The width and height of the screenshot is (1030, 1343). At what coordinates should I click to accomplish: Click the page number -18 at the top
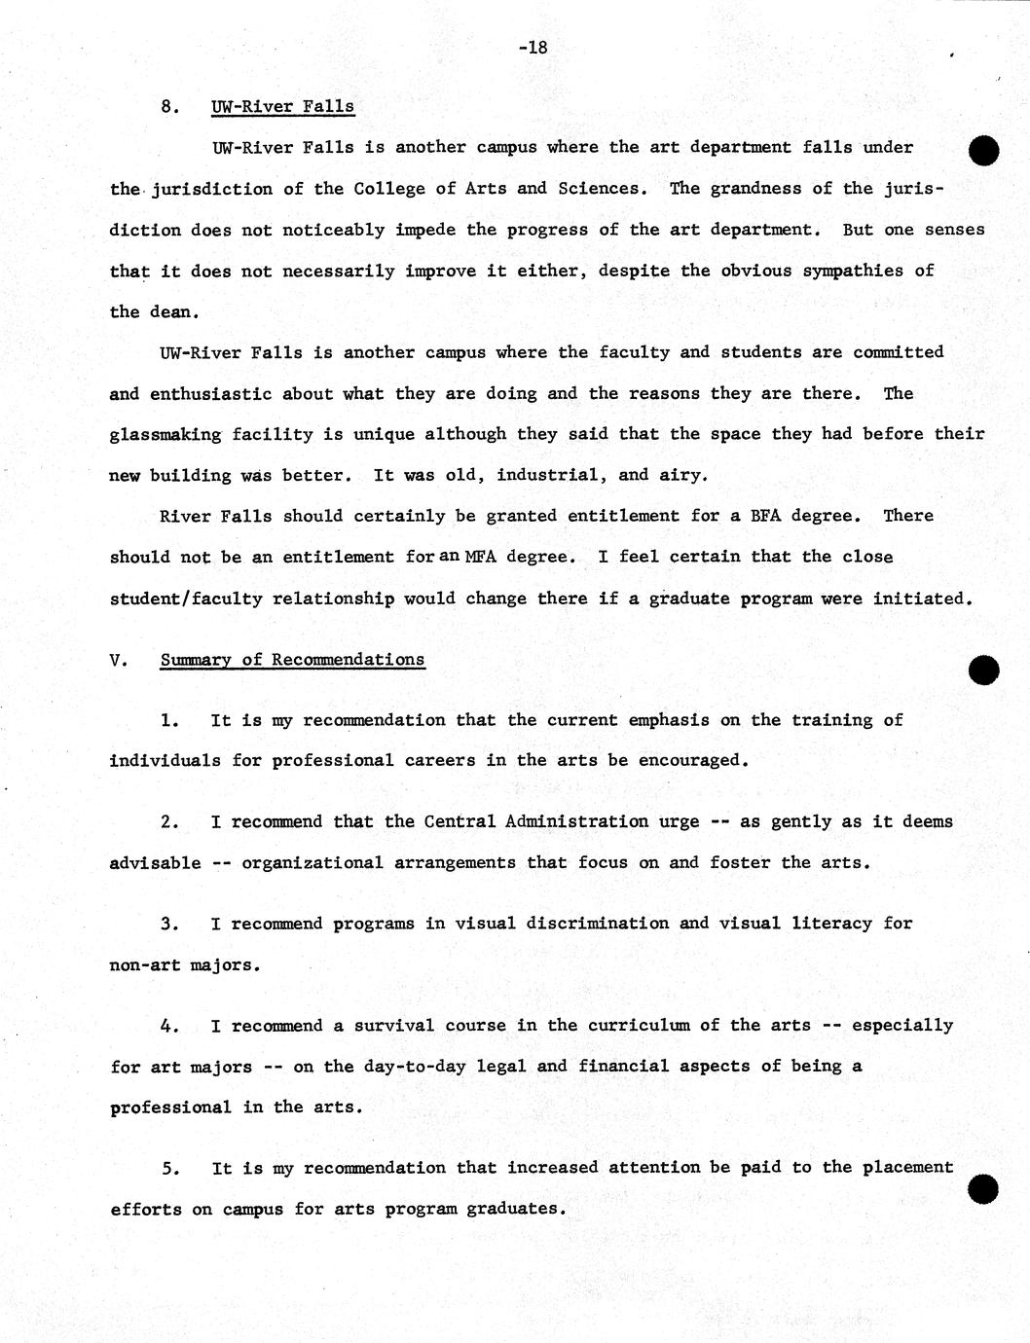tap(533, 47)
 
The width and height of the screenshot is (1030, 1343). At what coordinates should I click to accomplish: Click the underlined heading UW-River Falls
tap(282, 106)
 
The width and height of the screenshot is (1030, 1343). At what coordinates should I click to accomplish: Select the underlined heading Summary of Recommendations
tap(292, 660)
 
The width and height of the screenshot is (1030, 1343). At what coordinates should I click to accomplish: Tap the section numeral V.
tap(118, 660)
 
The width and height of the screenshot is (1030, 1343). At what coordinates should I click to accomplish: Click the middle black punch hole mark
tap(984, 670)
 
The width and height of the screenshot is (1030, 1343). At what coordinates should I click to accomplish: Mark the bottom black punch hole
tap(984, 1188)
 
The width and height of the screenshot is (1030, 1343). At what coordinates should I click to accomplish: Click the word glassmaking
tap(166, 434)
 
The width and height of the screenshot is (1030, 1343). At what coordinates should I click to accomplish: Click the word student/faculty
tap(186, 599)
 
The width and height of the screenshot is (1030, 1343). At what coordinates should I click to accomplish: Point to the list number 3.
tap(170, 924)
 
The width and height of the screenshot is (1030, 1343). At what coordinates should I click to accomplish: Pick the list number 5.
tap(170, 1168)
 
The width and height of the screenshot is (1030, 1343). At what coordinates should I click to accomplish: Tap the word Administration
tap(576, 821)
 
